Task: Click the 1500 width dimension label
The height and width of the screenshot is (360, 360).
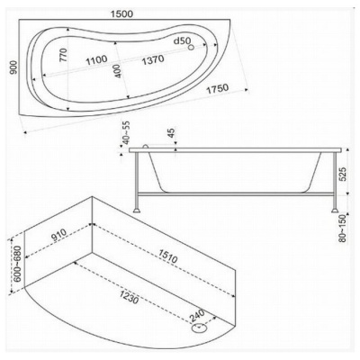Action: [x=121, y=13]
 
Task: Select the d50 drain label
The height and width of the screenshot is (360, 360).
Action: [x=183, y=41]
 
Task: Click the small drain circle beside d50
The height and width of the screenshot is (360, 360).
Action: [x=191, y=47]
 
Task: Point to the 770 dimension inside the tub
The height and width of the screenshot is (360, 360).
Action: [x=63, y=55]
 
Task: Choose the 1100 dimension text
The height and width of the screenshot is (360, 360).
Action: [x=96, y=60]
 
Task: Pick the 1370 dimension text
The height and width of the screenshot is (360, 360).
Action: [x=153, y=59]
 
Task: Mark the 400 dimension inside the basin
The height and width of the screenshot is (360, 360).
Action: [x=118, y=71]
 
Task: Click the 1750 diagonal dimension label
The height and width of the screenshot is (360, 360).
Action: [x=218, y=89]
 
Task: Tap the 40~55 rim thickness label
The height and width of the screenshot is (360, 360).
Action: [x=126, y=133]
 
